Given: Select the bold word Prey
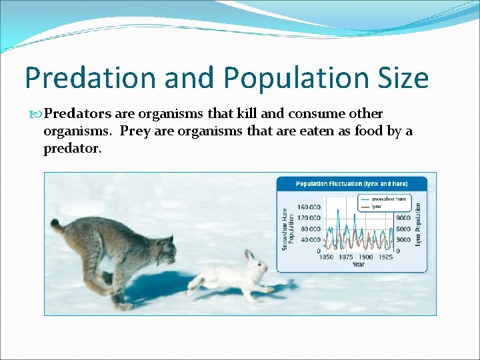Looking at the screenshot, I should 135,131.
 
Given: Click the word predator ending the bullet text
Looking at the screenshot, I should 71,149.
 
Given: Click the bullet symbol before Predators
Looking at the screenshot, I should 35,114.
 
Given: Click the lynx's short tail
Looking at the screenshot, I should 58,226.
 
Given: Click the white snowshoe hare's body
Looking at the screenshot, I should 223,275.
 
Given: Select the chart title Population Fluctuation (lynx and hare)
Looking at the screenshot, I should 351,183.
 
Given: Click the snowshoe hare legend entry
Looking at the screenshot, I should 387,199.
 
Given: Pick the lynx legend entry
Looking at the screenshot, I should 377,207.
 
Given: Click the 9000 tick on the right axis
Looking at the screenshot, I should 403,218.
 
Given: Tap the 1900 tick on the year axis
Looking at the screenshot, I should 366,257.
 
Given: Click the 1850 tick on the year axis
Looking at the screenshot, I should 326,257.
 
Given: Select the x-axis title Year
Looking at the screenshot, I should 358,265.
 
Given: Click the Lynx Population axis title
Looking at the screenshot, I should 418,225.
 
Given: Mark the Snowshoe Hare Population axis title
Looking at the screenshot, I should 287,229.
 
